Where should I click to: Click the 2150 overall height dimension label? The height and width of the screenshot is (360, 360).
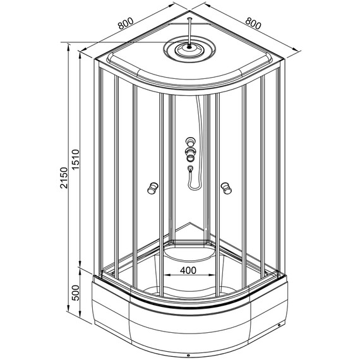click(x=64, y=177)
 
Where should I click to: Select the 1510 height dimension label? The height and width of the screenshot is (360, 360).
click(x=75, y=160)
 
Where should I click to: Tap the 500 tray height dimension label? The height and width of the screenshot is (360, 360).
click(x=75, y=292)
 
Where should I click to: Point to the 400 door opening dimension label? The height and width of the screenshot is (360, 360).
click(x=188, y=270)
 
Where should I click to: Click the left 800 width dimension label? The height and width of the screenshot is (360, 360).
click(x=126, y=23)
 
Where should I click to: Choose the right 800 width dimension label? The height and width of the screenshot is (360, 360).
click(x=253, y=23)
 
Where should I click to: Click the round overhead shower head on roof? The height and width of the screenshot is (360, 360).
click(x=189, y=50)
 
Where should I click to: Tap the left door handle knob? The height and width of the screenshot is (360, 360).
click(x=153, y=188)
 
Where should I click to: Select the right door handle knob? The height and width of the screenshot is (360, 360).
click(x=226, y=188)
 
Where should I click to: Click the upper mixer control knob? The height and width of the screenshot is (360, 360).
click(x=190, y=141)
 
